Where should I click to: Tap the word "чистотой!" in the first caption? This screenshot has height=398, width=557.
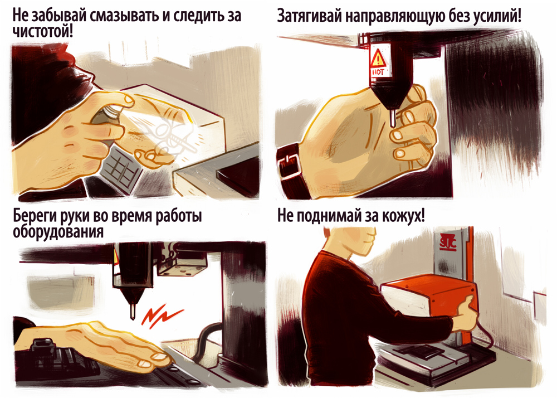[x=43, y=32]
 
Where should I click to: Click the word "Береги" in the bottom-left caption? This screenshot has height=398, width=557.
[x=34, y=216]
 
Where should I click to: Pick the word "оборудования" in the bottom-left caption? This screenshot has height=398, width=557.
[x=58, y=232]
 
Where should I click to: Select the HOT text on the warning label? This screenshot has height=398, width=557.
[x=378, y=72]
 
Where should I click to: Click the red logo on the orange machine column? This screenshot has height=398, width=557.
[x=448, y=242]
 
